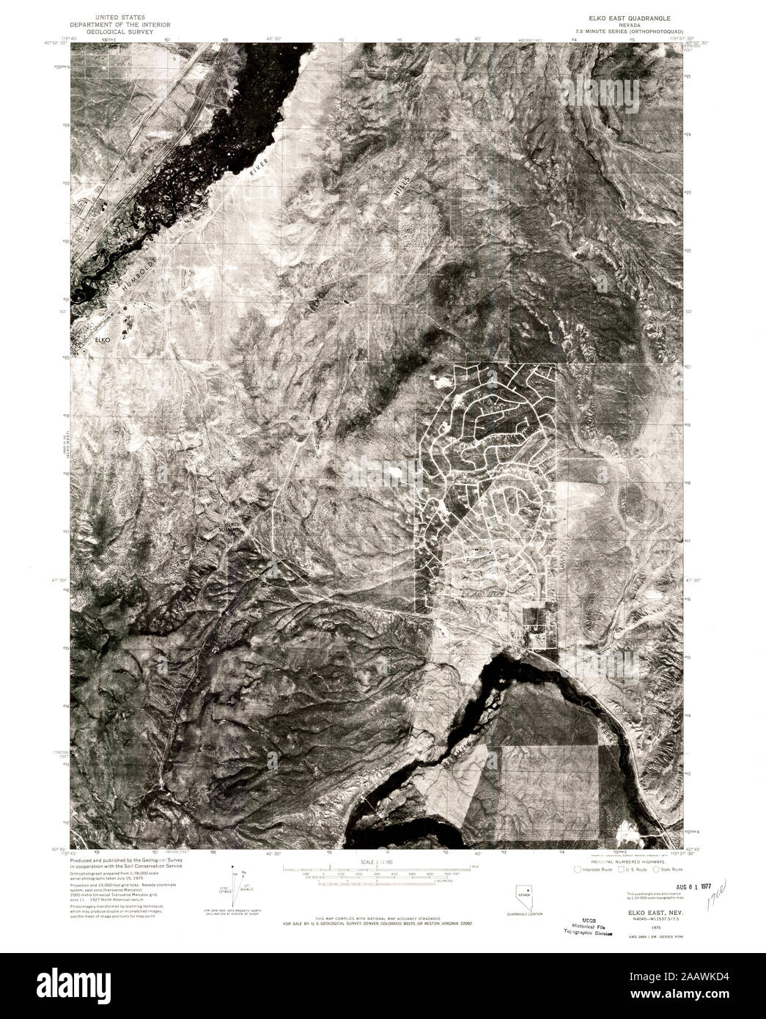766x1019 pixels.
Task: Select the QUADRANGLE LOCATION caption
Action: [x=522, y=915]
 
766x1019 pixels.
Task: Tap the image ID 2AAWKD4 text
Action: [x=704, y=983]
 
